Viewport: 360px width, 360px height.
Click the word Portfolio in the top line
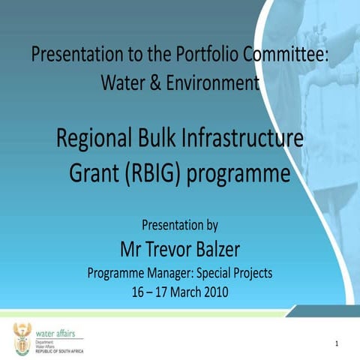pyautogui.click(x=202, y=55)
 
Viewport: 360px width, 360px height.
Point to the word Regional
pyautogui.click(x=98, y=139)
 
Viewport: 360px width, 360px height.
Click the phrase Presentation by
pyautogui.click(x=180, y=224)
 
